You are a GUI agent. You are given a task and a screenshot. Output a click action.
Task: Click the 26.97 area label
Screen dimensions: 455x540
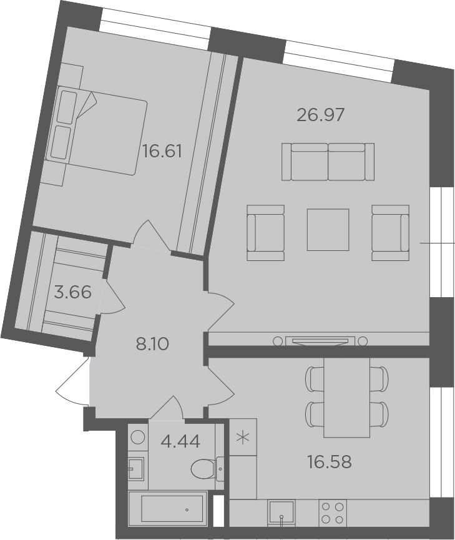pyautogui.click(x=320, y=115)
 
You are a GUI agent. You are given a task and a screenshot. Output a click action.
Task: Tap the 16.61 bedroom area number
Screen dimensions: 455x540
pyautogui.click(x=162, y=151)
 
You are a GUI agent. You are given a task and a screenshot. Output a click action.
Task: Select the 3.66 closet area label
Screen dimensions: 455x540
pyautogui.click(x=73, y=293)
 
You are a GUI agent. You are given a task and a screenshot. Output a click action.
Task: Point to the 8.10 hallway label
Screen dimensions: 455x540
pyautogui.click(x=152, y=344)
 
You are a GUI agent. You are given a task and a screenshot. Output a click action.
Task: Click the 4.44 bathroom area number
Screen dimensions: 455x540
pyautogui.click(x=180, y=441)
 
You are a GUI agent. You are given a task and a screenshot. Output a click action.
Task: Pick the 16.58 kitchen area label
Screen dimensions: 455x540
pyautogui.click(x=330, y=462)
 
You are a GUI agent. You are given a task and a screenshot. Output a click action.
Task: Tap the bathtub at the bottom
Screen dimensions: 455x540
pyautogui.click(x=168, y=508)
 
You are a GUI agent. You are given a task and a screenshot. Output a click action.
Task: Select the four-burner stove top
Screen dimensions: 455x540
pyautogui.click(x=333, y=513)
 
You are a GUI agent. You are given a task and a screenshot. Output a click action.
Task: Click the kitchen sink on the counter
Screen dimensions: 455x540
pyautogui.click(x=281, y=513)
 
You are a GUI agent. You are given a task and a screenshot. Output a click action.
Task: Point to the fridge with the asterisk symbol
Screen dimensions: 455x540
pyautogui.click(x=243, y=437)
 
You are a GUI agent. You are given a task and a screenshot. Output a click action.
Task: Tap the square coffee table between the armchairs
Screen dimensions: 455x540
pyautogui.click(x=328, y=229)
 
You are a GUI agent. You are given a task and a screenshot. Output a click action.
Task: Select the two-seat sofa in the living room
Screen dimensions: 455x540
pyautogui.click(x=328, y=162)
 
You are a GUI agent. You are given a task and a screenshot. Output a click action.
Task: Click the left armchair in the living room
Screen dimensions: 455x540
pyautogui.click(x=265, y=233)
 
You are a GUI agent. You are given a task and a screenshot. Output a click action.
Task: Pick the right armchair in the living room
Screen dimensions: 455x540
pyautogui.click(x=391, y=233)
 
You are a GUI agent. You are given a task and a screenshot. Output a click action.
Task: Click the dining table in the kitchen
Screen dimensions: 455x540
pyautogui.click(x=347, y=398)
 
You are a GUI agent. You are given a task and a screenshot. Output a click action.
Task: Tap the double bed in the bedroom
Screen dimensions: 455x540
pyautogui.click(x=99, y=130)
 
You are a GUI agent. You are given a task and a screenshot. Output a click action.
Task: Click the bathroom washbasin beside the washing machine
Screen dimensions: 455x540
pyautogui.click(x=136, y=468)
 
